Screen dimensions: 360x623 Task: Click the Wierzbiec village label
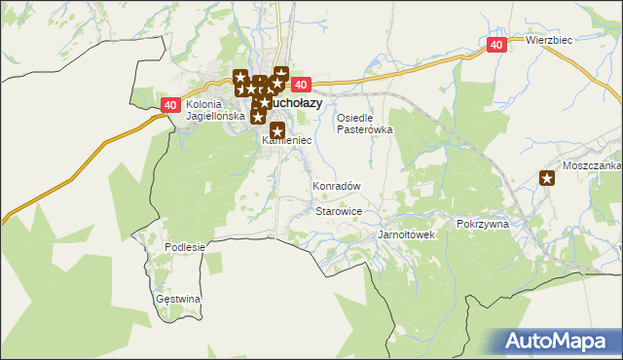[x=548, y=40]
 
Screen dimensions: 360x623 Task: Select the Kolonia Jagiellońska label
[x=205, y=110]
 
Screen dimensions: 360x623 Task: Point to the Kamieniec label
[x=286, y=141]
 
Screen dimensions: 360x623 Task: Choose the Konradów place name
[x=336, y=185]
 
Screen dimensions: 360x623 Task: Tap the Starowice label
[x=339, y=210]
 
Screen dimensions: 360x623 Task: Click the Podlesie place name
[x=185, y=247]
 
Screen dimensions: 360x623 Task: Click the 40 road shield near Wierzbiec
[x=496, y=45]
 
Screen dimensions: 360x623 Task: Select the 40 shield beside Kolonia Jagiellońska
[x=170, y=105]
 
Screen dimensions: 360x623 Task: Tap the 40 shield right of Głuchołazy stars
[x=300, y=86]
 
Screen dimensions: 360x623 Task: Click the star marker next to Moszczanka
[x=547, y=177]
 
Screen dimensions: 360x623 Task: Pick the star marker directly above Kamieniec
[x=277, y=130]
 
